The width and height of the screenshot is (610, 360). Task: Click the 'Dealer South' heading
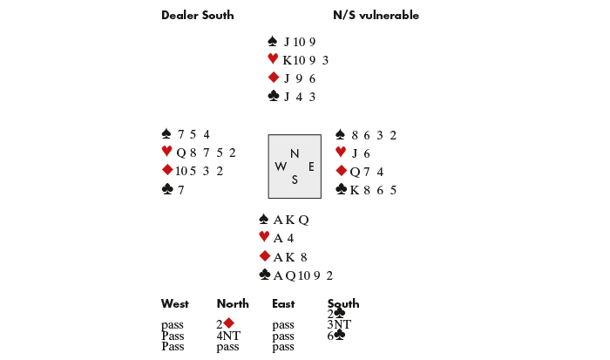197,16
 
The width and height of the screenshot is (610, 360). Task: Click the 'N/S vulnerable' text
376,16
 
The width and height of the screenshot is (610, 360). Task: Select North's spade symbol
273,41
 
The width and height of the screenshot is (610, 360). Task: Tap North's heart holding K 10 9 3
305,60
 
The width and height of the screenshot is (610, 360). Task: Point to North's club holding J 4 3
299,97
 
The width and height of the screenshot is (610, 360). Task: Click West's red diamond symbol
167,171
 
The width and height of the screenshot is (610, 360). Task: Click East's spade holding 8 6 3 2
374,135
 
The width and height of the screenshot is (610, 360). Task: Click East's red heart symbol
341,153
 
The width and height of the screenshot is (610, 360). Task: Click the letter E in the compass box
311,166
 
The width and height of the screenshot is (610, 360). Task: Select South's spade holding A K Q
291,220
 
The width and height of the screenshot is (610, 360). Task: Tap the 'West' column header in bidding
174,304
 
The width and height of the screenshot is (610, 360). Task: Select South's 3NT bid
339,324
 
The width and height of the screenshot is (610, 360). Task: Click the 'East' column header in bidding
284,304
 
